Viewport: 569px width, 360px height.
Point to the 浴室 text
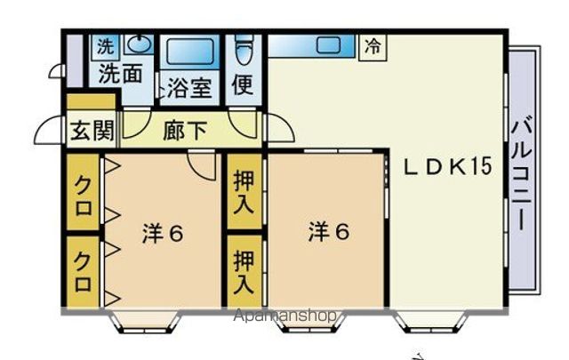coord(188,90)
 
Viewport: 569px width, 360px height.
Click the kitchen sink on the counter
coord(330,44)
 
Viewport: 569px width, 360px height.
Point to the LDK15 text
coord(449,167)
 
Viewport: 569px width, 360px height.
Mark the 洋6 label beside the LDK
coord(329,232)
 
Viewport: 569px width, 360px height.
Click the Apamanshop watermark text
coord(285,316)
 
